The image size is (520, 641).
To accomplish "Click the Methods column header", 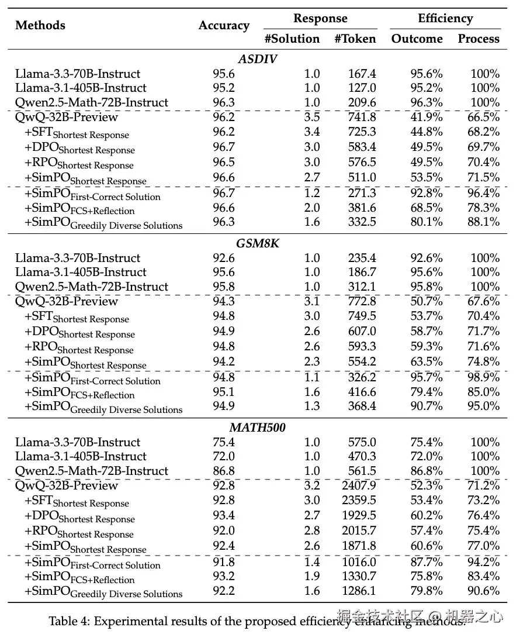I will (x=40, y=25).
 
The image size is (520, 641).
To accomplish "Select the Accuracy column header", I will (x=224, y=25).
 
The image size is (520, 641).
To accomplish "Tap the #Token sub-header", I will (x=355, y=39).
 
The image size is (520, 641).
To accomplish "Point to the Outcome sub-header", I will (x=417, y=39).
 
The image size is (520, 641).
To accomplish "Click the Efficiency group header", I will (x=445, y=19).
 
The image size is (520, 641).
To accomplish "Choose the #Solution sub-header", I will (x=292, y=39).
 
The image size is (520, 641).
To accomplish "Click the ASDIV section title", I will (x=257, y=59).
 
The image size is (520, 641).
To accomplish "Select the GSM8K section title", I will (x=257, y=243).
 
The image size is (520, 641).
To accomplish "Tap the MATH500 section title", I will (x=257, y=428).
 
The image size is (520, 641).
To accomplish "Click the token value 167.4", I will (x=362, y=74).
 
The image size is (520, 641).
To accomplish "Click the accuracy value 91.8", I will (x=224, y=561).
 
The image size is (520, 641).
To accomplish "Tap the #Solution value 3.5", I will (x=312, y=117).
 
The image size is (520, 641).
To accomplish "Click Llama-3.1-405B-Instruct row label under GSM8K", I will (x=81, y=272).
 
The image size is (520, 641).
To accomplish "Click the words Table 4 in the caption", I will (x=68, y=621).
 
